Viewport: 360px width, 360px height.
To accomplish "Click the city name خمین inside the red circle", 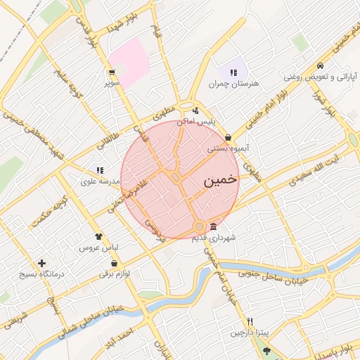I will click(219, 181).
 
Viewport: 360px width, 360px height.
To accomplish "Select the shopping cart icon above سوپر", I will click(112, 72).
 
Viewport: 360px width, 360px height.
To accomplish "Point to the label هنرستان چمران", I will click(233, 84).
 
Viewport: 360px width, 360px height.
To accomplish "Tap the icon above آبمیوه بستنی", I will click(228, 138).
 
